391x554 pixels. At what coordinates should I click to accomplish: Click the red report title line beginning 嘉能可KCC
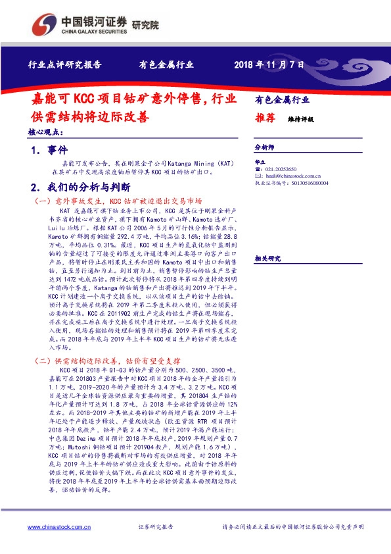[135, 100]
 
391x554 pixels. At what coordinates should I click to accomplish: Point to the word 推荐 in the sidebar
[265, 118]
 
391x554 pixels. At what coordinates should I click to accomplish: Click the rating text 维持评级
[301, 120]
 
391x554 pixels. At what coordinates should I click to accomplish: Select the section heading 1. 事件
[49, 151]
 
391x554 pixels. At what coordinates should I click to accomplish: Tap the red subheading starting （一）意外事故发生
[118, 200]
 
